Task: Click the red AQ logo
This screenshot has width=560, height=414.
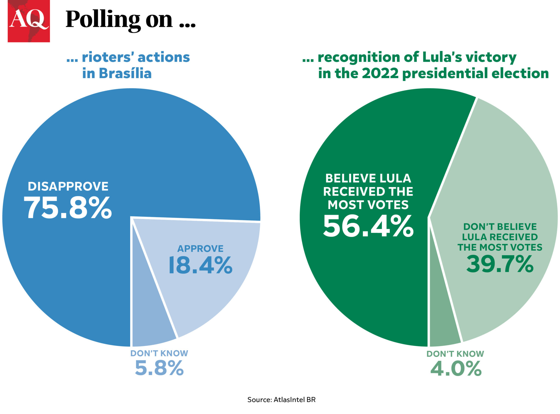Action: (29, 21)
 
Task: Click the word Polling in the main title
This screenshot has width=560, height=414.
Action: (103, 20)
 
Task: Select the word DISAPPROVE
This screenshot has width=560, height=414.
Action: (68, 186)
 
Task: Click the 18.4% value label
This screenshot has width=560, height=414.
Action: (200, 265)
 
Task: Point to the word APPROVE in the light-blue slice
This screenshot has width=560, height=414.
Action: (200, 249)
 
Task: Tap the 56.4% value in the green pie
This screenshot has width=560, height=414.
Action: (368, 226)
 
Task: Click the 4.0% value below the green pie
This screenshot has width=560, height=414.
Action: (456, 369)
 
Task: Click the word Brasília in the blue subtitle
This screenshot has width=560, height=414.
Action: (125, 73)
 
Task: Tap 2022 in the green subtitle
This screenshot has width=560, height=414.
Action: (380, 73)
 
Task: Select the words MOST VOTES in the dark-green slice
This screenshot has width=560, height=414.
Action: (368, 205)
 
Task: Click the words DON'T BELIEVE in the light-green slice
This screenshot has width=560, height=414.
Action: (500, 227)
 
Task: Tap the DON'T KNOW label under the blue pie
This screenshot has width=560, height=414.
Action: (159, 353)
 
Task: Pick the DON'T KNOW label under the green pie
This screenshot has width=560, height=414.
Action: (455, 354)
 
